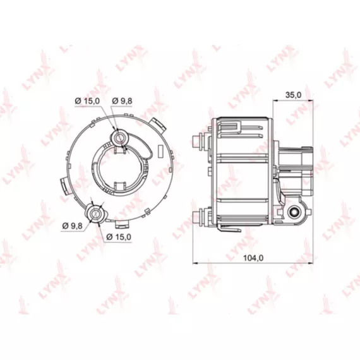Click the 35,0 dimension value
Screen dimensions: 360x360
click(x=293, y=95)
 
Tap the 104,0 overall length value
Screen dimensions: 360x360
click(x=253, y=258)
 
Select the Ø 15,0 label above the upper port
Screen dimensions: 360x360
click(x=88, y=100)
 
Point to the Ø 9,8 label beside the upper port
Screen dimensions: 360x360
click(x=122, y=101)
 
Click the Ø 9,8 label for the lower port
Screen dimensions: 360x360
click(x=73, y=226)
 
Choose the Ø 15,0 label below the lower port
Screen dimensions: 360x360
click(x=119, y=237)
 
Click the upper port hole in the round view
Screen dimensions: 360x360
click(x=120, y=138)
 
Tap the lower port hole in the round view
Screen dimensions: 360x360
click(x=95, y=213)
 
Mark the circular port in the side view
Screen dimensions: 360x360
click(x=294, y=211)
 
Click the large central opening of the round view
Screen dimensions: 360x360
click(x=119, y=167)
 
